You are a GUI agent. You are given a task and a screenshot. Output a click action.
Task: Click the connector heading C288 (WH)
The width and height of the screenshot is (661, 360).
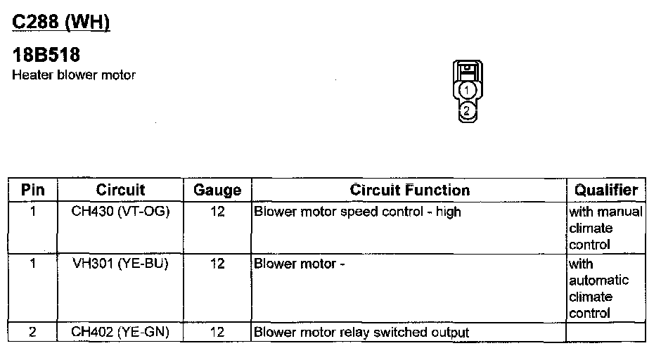[61, 22]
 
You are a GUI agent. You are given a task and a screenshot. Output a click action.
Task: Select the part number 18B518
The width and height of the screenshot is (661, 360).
[47, 56]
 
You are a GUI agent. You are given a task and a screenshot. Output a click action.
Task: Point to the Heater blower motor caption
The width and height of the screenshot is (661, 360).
[74, 75]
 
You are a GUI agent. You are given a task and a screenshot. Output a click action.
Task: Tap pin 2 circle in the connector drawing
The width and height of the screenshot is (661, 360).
[467, 110]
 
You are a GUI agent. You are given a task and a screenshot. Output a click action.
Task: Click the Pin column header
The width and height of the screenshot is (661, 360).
[33, 190]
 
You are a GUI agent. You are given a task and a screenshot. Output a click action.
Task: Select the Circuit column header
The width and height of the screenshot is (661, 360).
[120, 190]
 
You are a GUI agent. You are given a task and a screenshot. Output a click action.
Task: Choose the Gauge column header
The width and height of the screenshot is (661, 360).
[217, 190]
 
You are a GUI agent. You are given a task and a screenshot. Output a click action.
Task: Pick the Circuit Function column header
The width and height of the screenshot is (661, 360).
[409, 190]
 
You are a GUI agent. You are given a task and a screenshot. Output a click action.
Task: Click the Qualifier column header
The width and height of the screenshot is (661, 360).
[605, 190]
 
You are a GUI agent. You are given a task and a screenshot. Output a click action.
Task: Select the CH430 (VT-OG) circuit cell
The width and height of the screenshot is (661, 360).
[120, 211]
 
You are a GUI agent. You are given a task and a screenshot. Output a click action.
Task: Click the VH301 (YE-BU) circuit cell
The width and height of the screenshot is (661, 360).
[120, 264]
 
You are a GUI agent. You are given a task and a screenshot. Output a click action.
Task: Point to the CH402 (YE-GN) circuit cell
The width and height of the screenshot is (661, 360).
[120, 332]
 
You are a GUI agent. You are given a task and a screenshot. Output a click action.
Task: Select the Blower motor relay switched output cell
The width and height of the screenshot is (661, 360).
[361, 332]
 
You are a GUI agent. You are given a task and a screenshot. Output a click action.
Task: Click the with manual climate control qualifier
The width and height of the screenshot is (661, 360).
[605, 228]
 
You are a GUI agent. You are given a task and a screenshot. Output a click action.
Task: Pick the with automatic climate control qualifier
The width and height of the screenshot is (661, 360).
[599, 288]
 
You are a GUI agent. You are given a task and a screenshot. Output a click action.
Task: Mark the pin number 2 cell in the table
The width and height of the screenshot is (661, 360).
[33, 332]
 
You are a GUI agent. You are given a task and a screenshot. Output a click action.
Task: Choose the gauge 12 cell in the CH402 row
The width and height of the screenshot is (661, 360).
[217, 332]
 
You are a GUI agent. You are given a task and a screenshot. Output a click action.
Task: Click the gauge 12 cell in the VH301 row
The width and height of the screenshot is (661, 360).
[217, 264]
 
